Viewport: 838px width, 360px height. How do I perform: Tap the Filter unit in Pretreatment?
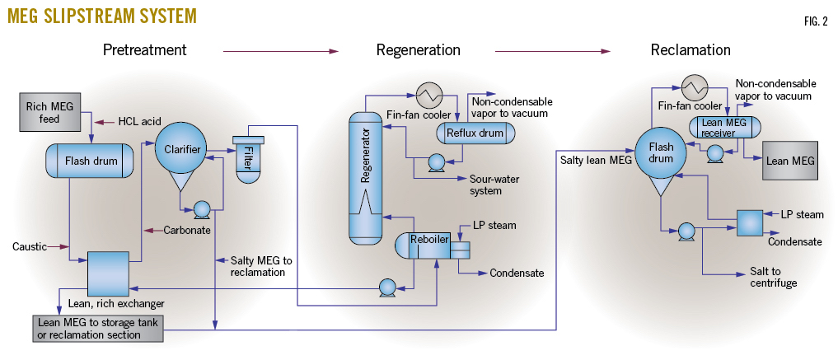click(x=247, y=157)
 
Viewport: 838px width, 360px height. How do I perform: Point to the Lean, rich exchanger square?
click(x=108, y=269)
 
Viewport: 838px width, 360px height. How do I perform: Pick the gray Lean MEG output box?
click(x=790, y=161)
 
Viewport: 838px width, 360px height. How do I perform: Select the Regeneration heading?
click(x=418, y=50)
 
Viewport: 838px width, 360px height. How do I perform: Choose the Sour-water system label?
click(x=497, y=185)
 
